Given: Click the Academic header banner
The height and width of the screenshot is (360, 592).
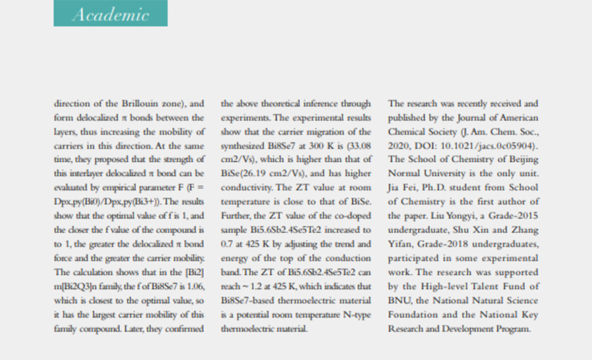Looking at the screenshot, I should (110, 13).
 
